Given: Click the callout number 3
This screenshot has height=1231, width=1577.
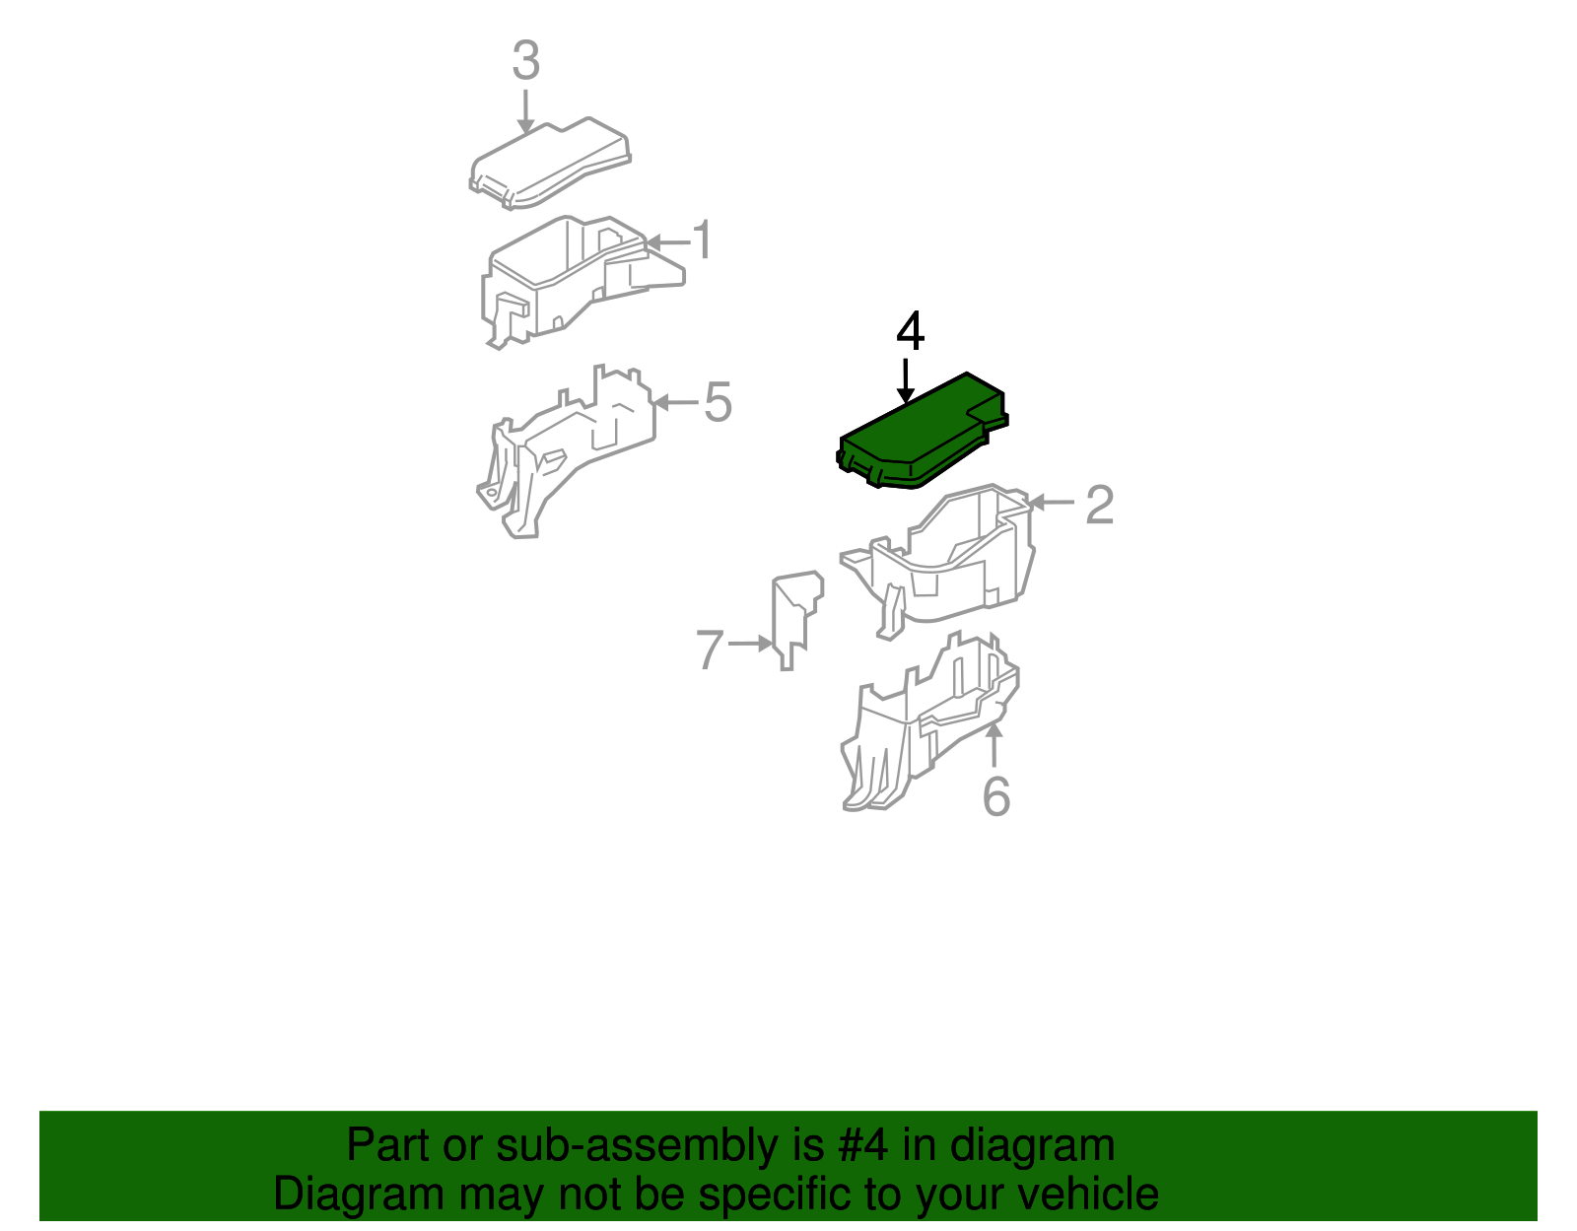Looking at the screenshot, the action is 526,60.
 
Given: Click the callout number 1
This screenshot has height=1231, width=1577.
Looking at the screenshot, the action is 703,239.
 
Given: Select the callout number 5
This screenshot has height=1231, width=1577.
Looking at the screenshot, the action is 718,402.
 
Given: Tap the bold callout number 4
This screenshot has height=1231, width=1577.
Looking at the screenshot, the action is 910,331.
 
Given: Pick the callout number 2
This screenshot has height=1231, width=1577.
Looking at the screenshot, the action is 1100,505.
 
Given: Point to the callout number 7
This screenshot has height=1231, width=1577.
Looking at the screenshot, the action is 710,649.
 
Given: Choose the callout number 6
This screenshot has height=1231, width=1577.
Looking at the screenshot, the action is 995,795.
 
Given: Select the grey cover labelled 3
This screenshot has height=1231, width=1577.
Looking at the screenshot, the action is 549,164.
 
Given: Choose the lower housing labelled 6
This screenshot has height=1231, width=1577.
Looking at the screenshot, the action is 928,721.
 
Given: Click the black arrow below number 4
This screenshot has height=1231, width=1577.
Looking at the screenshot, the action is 905,380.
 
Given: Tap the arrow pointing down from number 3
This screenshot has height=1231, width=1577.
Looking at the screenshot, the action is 525,111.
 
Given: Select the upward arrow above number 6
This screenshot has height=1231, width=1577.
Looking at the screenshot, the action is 994,743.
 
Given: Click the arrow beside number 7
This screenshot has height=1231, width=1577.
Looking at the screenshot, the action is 750,644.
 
